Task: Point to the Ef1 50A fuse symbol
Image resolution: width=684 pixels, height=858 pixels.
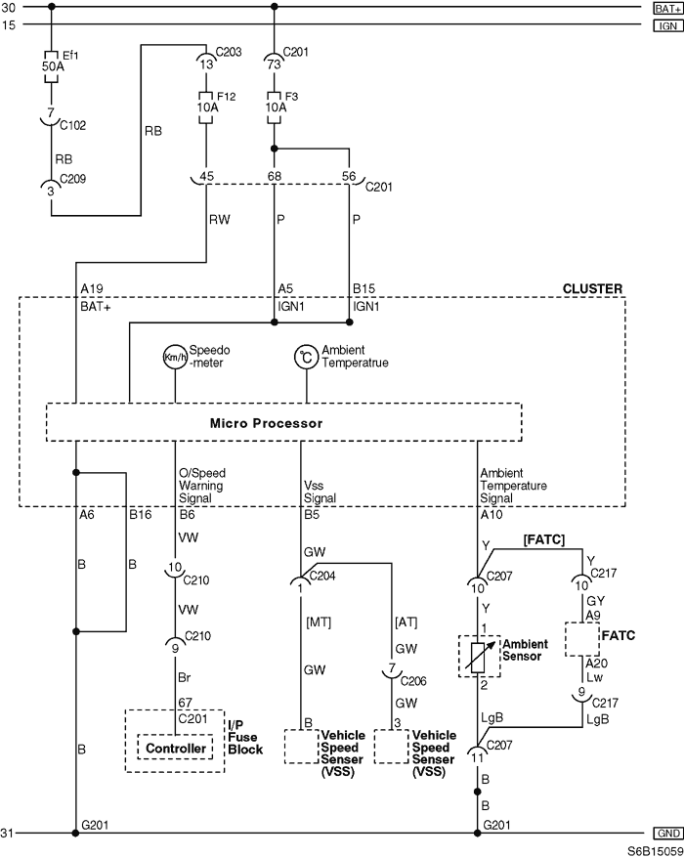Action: coord(52,58)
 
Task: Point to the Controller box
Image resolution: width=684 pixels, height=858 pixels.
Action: coord(176,749)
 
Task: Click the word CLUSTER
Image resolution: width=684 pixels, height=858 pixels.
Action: coord(592,289)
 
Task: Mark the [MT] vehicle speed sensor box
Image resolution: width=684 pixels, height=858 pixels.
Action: coord(307,746)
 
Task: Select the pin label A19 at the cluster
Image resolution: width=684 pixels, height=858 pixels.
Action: coord(93,289)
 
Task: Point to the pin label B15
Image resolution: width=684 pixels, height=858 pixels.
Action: coord(363,289)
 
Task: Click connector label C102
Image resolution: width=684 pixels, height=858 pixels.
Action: coord(73,125)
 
